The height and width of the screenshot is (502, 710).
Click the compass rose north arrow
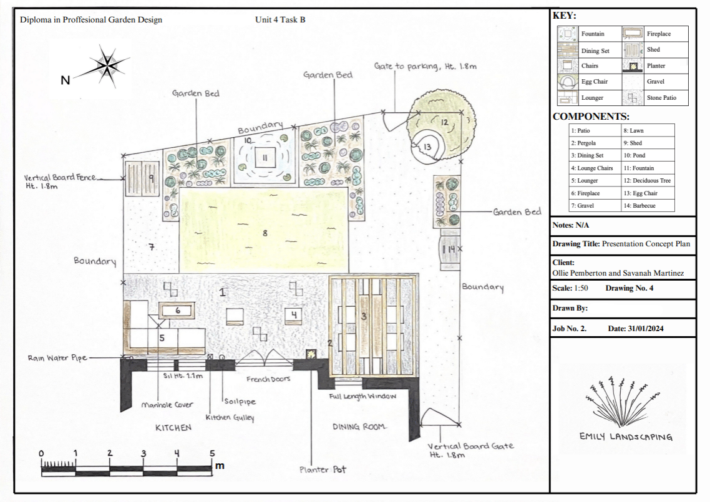(x=107, y=67)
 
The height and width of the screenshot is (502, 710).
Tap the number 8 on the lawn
(x=265, y=233)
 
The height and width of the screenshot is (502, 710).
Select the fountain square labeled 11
(x=265, y=158)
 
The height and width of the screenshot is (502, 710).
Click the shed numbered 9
(x=142, y=178)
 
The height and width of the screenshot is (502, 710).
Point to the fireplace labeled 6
(x=177, y=311)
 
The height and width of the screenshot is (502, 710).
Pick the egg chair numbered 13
(x=426, y=146)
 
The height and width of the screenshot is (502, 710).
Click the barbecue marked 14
(x=450, y=249)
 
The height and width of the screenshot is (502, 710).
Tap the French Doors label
(x=268, y=379)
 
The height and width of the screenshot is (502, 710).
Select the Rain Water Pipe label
(x=57, y=358)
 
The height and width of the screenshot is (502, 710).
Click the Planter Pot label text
(x=323, y=470)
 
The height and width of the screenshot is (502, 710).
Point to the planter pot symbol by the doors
(x=311, y=354)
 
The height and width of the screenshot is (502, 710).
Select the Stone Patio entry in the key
(x=655, y=98)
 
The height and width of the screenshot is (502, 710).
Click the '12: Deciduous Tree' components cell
(x=648, y=181)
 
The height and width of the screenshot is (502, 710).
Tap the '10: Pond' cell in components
(x=648, y=155)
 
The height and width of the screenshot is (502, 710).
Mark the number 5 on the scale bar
(x=212, y=453)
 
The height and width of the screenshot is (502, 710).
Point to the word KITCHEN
(x=173, y=427)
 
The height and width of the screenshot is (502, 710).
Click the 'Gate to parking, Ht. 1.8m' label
(x=425, y=66)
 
